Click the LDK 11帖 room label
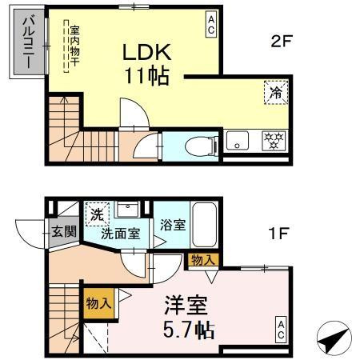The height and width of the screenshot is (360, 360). pos(146,65)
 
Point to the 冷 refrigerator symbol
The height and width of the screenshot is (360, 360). pos(274,92)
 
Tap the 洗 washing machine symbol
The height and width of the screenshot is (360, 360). pos(96,214)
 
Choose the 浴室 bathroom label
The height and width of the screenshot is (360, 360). pos(172,225)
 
